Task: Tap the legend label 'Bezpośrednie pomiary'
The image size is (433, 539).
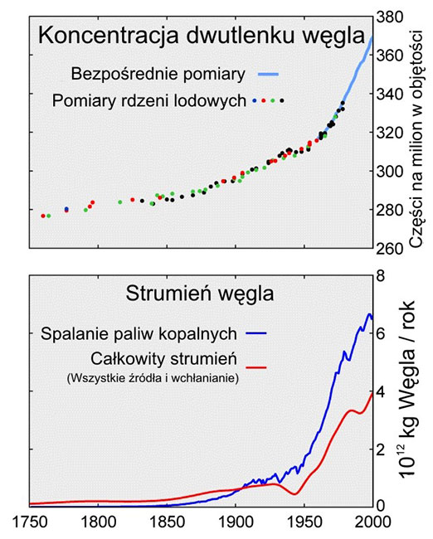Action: pyautogui.click(x=158, y=74)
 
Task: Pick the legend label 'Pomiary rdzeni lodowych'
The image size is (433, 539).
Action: pyautogui.click(x=148, y=101)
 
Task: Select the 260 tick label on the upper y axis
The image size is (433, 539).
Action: pyautogui.click(x=391, y=247)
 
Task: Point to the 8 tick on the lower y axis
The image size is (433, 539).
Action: pyautogui.click(x=382, y=275)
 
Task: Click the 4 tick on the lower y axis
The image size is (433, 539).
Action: pyautogui.click(x=382, y=391)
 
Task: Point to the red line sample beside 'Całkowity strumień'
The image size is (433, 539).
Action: pyautogui.click(x=259, y=362)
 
